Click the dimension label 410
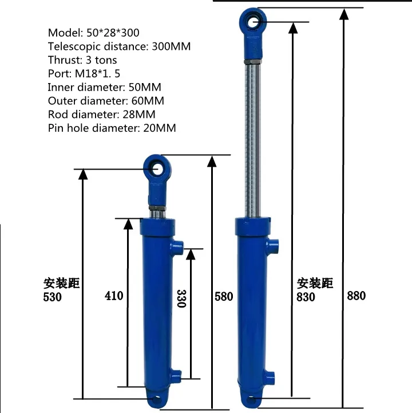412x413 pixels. click(x=114, y=296)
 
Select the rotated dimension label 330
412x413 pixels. click(x=181, y=298)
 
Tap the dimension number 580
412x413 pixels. click(x=223, y=296)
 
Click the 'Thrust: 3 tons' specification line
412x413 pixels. click(x=83, y=60)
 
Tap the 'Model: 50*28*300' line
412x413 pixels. click(x=94, y=33)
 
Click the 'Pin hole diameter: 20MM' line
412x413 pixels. click(x=112, y=128)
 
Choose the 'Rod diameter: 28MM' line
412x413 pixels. click(x=102, y=114)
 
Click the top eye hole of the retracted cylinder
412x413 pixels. click(x=155, y=167)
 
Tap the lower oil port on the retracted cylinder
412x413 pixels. click(x=176, y=377)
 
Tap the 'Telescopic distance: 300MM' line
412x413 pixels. click(x=119, y=46)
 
